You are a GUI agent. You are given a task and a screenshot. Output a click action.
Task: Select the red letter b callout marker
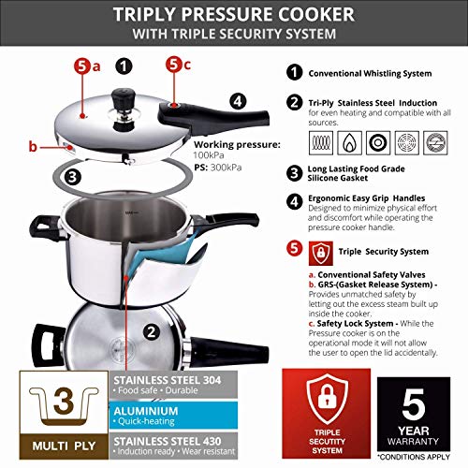[34, 146]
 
